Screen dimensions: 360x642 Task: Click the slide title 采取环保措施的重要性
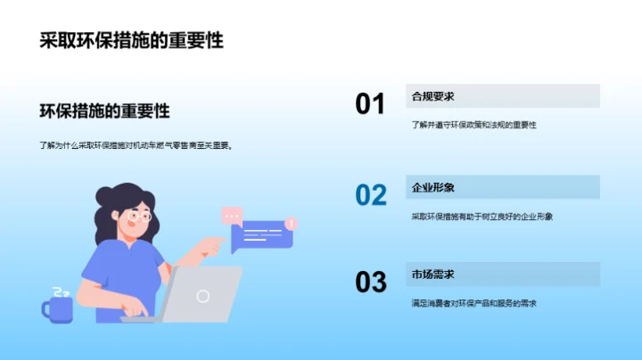(131, 41)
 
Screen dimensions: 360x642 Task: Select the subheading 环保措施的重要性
(104, 111)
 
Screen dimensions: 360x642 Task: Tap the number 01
(370, 104)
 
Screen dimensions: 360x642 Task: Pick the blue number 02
(370, 194)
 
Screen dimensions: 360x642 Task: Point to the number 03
(370, 282)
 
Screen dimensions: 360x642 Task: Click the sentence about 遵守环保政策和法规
(473, 126)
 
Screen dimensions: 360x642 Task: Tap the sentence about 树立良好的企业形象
(481, 216)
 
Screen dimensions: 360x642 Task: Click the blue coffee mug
(58, 308)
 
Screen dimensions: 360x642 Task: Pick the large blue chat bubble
(260, 236)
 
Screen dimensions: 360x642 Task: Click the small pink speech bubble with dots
(232, 215)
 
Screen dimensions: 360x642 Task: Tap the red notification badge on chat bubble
(292, 223)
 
